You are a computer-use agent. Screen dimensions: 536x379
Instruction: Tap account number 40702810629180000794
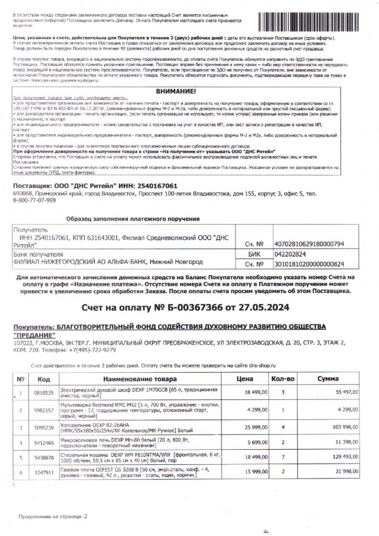click(308, 244)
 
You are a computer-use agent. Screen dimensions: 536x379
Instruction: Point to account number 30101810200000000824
click(308, 264)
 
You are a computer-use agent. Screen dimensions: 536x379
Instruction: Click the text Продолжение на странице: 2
click(52, 516)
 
